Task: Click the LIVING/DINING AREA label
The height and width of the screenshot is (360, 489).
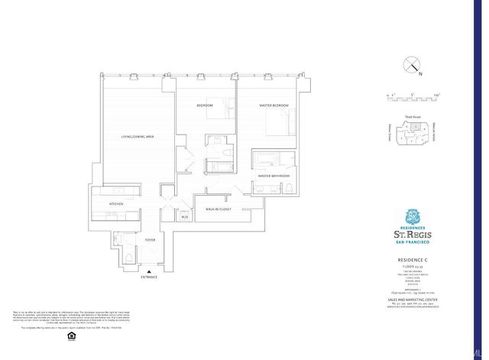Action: pos(138,136)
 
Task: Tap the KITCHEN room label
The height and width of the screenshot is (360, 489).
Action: pos(116,204)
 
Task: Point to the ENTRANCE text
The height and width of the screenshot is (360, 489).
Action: pos(150,276)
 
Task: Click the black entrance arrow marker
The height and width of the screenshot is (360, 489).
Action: pos(150,270)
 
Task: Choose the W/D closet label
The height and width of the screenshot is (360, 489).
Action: pos(184,217)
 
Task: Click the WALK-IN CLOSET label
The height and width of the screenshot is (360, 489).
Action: pos(218,209)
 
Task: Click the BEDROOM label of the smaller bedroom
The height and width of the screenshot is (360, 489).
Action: pos(204,105)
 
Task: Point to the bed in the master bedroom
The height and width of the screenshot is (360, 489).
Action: pos(278,119)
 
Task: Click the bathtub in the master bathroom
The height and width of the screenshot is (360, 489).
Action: pos(267,161)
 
